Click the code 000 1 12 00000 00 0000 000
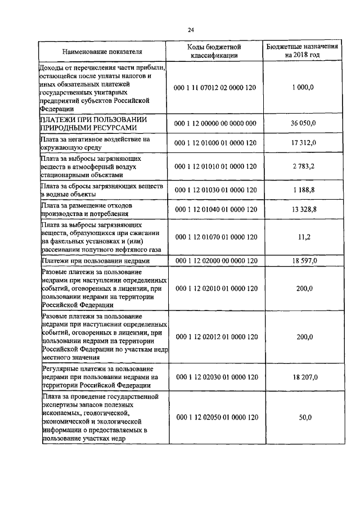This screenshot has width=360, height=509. [216, 123]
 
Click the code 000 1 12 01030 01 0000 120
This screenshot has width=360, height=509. [216, 190]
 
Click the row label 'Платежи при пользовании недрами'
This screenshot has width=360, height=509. [96, 262]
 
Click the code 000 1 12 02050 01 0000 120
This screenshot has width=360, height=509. [216, 417]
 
